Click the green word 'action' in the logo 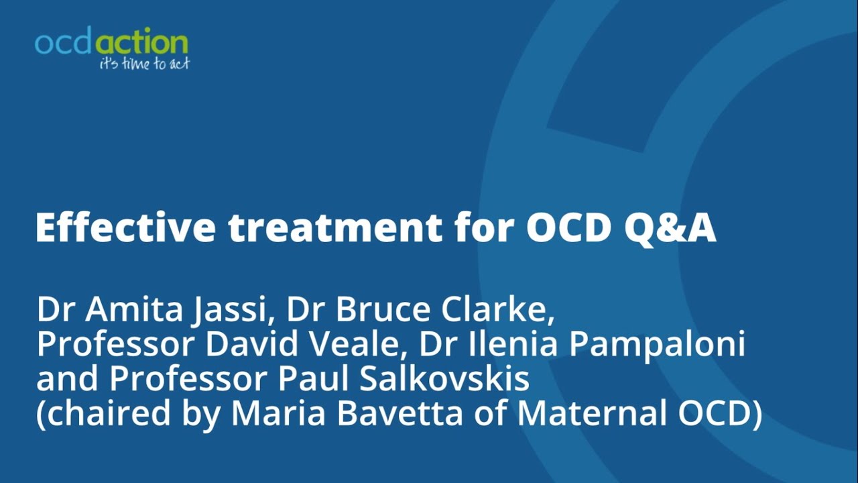pos(142,43)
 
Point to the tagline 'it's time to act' pos(144,64)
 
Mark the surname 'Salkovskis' pos(445,379)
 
